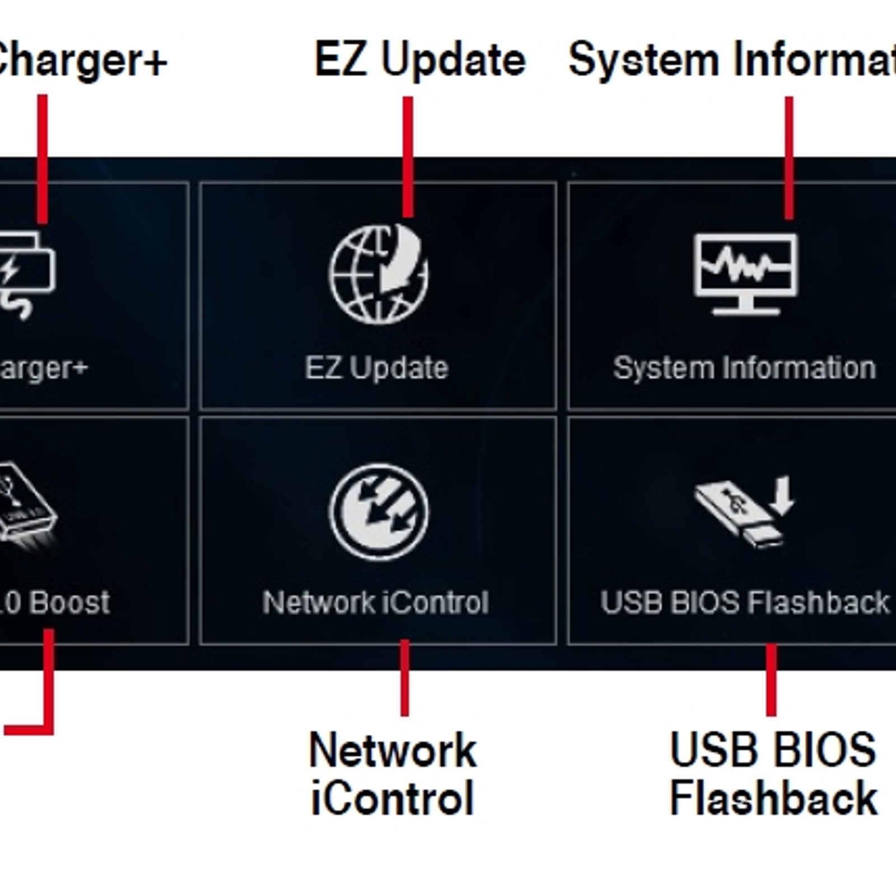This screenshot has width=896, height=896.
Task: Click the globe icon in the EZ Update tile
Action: click(379, 274)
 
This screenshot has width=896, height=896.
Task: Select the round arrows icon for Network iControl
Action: click(379, 512)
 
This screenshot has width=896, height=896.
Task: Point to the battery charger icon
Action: click(25, 274)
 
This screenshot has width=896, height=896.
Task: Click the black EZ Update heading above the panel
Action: click(420, 59)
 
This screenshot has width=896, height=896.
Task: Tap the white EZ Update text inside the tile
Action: click(376, 368)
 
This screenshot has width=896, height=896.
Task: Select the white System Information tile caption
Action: click(744, 368)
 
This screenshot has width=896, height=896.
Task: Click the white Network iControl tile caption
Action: click(375, 603)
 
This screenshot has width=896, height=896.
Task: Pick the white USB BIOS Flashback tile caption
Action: click(744, 603)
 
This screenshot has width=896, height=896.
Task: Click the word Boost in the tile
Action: click(69, 603)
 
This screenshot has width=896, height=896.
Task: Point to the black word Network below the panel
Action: click(393, 750)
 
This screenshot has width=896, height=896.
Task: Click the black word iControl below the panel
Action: click(393, 799)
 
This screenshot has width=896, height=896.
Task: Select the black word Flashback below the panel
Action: click(773, 799)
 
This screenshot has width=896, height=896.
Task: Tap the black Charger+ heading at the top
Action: click(78, 59)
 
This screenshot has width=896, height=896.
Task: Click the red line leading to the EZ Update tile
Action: click(408, 157)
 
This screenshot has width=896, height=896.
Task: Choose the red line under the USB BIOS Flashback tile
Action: click(771, 680)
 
